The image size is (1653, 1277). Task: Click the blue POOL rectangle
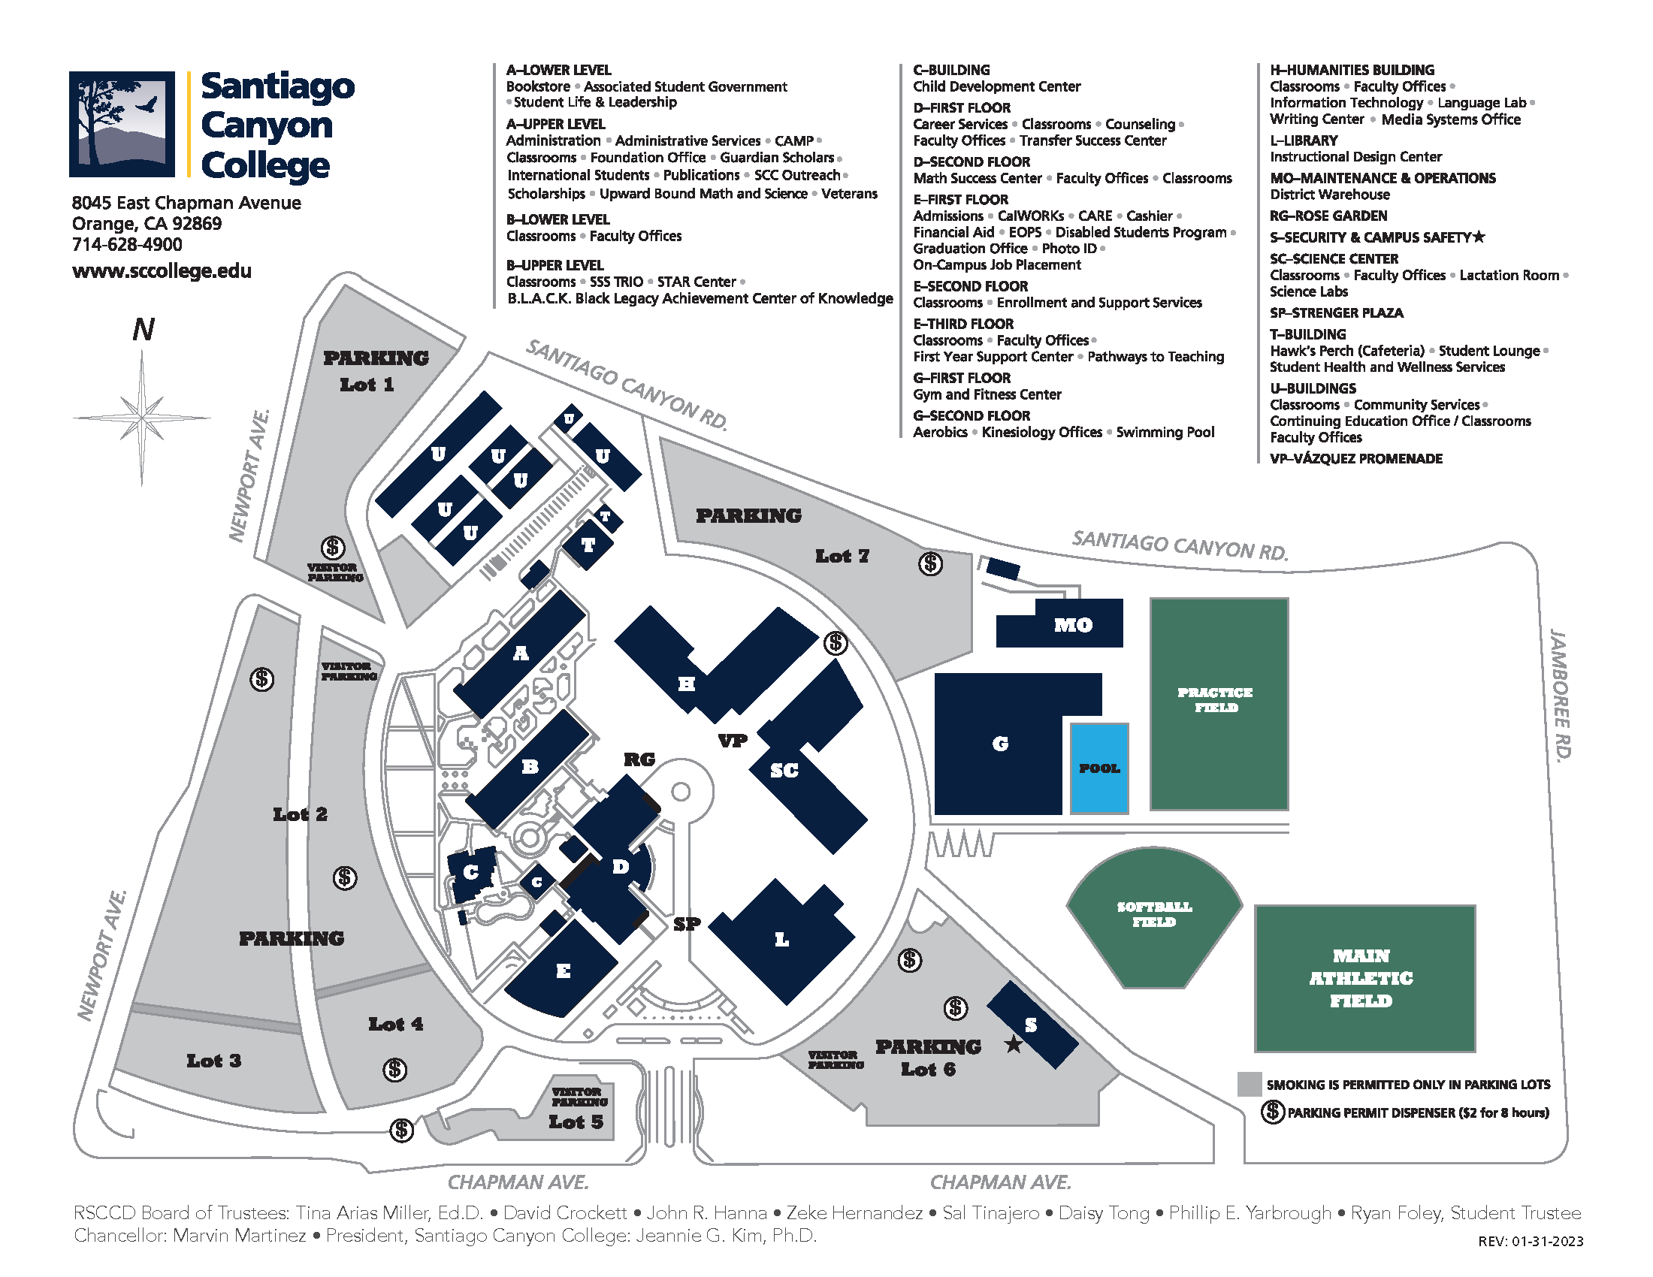1099,768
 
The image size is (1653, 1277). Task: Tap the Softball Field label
1154,914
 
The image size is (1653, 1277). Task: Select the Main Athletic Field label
1361,978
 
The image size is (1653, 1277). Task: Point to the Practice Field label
1216,700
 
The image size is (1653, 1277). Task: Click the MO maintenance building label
1073,625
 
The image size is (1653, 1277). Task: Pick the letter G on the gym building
1000,744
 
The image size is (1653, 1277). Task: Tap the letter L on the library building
782,940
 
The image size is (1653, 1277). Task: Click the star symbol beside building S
1013,1045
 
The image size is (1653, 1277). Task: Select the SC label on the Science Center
784,770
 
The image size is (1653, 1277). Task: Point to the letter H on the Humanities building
686,684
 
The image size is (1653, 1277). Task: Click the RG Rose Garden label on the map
639,759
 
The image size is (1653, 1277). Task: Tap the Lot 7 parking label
842,556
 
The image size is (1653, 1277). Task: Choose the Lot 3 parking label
213,1061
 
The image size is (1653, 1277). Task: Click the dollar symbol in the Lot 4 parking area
394,1070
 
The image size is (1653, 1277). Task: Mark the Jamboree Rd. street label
1560,694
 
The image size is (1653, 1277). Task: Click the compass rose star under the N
142,417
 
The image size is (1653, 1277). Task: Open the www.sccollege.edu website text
162,271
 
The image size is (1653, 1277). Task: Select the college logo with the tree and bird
122,124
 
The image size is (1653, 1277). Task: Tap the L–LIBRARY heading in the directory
1304,140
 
